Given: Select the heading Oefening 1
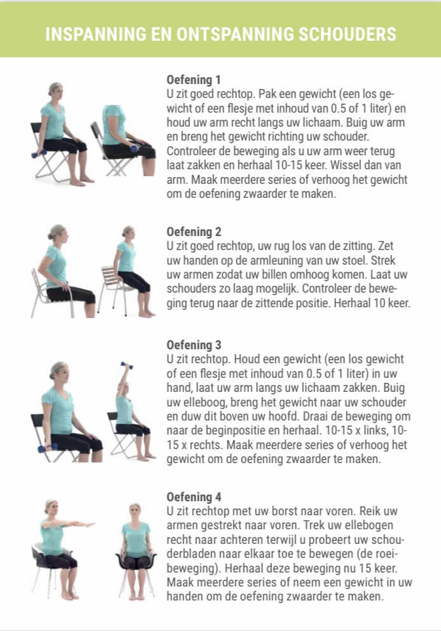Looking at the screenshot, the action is pyautogui.click(x=194, y=80).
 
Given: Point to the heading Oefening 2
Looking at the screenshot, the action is pyautogui.click(x=194, y=232).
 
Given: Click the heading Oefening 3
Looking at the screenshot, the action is pyautogui.click(x=194, y=345).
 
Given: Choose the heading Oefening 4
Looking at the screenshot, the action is pyautogui.click(x=194, y=497).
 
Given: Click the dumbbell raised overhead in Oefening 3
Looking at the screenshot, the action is pyautogui.click(x=126, y=365).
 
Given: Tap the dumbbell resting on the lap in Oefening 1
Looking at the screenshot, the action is pyautogui.click(x=135, y=148).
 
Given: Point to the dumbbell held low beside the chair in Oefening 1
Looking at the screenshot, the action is pyautogui.click(x=39, y=154).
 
